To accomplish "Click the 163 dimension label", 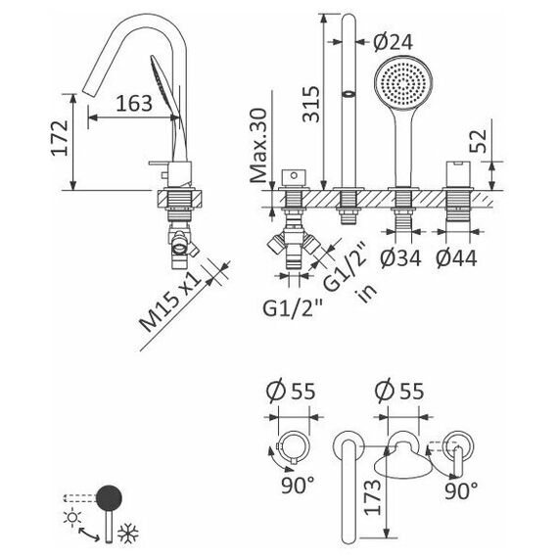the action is coord(134,103).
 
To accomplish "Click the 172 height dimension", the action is coord(60,138).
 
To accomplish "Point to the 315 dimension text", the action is coord(311,105).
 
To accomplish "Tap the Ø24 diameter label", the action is coord(394,42).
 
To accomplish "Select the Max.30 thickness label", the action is coord(258,146).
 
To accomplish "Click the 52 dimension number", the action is coord(477,141).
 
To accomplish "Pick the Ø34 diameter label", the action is coord(400,258).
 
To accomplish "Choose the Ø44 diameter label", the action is coord(456,258).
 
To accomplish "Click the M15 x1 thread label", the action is coord(170,302).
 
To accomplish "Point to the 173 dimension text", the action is coord(372,497).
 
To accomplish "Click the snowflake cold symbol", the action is coord(128,534).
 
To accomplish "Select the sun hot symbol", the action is coord(72,518).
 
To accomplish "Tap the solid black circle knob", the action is coord(109,497).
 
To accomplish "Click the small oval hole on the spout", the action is coord(349,94).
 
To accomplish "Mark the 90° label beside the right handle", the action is coord(461,490).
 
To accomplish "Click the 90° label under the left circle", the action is coord(299,485).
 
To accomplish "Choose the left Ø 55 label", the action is coord(291,392).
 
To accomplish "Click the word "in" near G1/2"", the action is coord(367,291).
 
